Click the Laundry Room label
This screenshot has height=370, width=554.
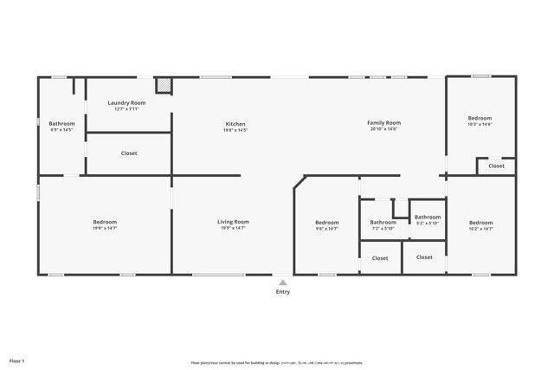126,103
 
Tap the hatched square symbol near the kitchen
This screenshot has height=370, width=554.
164,85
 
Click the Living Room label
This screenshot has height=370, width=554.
233,222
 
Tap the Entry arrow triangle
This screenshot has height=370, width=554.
282,282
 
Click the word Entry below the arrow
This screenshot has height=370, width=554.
282,292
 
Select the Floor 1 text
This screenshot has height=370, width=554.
16,360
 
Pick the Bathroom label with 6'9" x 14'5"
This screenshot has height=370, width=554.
61,124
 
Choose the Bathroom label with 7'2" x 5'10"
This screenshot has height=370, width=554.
383,222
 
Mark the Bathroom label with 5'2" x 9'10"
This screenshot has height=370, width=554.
427,217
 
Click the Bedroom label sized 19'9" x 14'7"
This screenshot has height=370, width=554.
105,223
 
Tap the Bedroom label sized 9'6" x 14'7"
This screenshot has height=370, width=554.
326,223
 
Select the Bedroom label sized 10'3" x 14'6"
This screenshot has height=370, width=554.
480,118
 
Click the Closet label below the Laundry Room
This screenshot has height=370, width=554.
129,153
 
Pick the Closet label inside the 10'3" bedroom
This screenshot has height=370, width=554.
496,166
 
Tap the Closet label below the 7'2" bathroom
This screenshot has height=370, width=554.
380,258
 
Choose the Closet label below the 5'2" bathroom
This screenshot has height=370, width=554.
424,257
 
